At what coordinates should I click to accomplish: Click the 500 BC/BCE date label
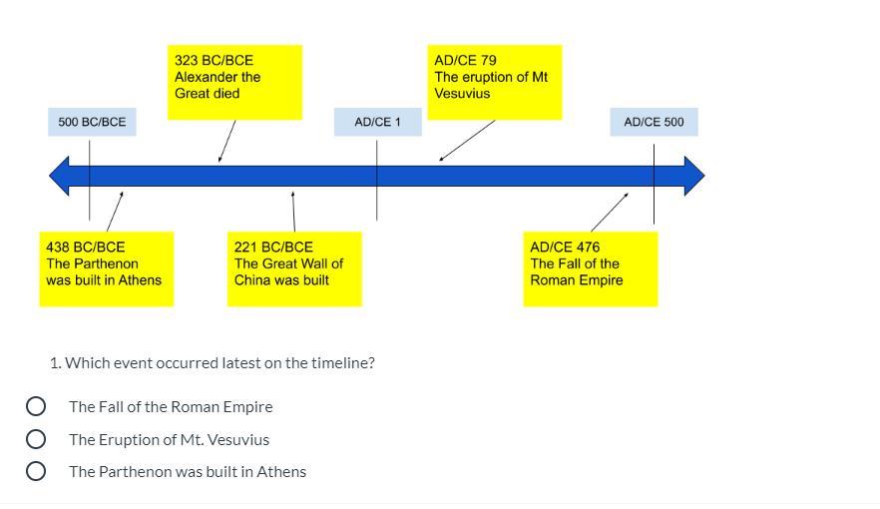92,122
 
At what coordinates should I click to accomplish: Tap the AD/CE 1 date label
377,122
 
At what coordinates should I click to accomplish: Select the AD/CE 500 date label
654,122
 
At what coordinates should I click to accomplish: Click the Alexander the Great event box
234,82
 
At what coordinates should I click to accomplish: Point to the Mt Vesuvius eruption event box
495,82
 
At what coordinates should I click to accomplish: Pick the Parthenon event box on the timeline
106,268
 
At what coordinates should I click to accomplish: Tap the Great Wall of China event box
294,268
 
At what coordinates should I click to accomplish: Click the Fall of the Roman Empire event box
590,268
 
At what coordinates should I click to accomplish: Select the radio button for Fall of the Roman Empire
36,406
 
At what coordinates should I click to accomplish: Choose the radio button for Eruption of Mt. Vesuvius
36,439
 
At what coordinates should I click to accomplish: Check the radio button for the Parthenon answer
36,471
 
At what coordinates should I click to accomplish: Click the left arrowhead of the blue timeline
61,176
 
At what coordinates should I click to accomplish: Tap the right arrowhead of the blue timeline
693,176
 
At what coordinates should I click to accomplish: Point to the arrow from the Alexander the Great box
227,141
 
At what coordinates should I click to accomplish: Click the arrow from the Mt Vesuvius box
467,141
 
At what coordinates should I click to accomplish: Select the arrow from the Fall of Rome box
610,213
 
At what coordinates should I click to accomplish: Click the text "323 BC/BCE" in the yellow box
214,60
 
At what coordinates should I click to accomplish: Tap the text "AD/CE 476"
565,247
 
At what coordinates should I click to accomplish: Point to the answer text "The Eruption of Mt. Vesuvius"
169,439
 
